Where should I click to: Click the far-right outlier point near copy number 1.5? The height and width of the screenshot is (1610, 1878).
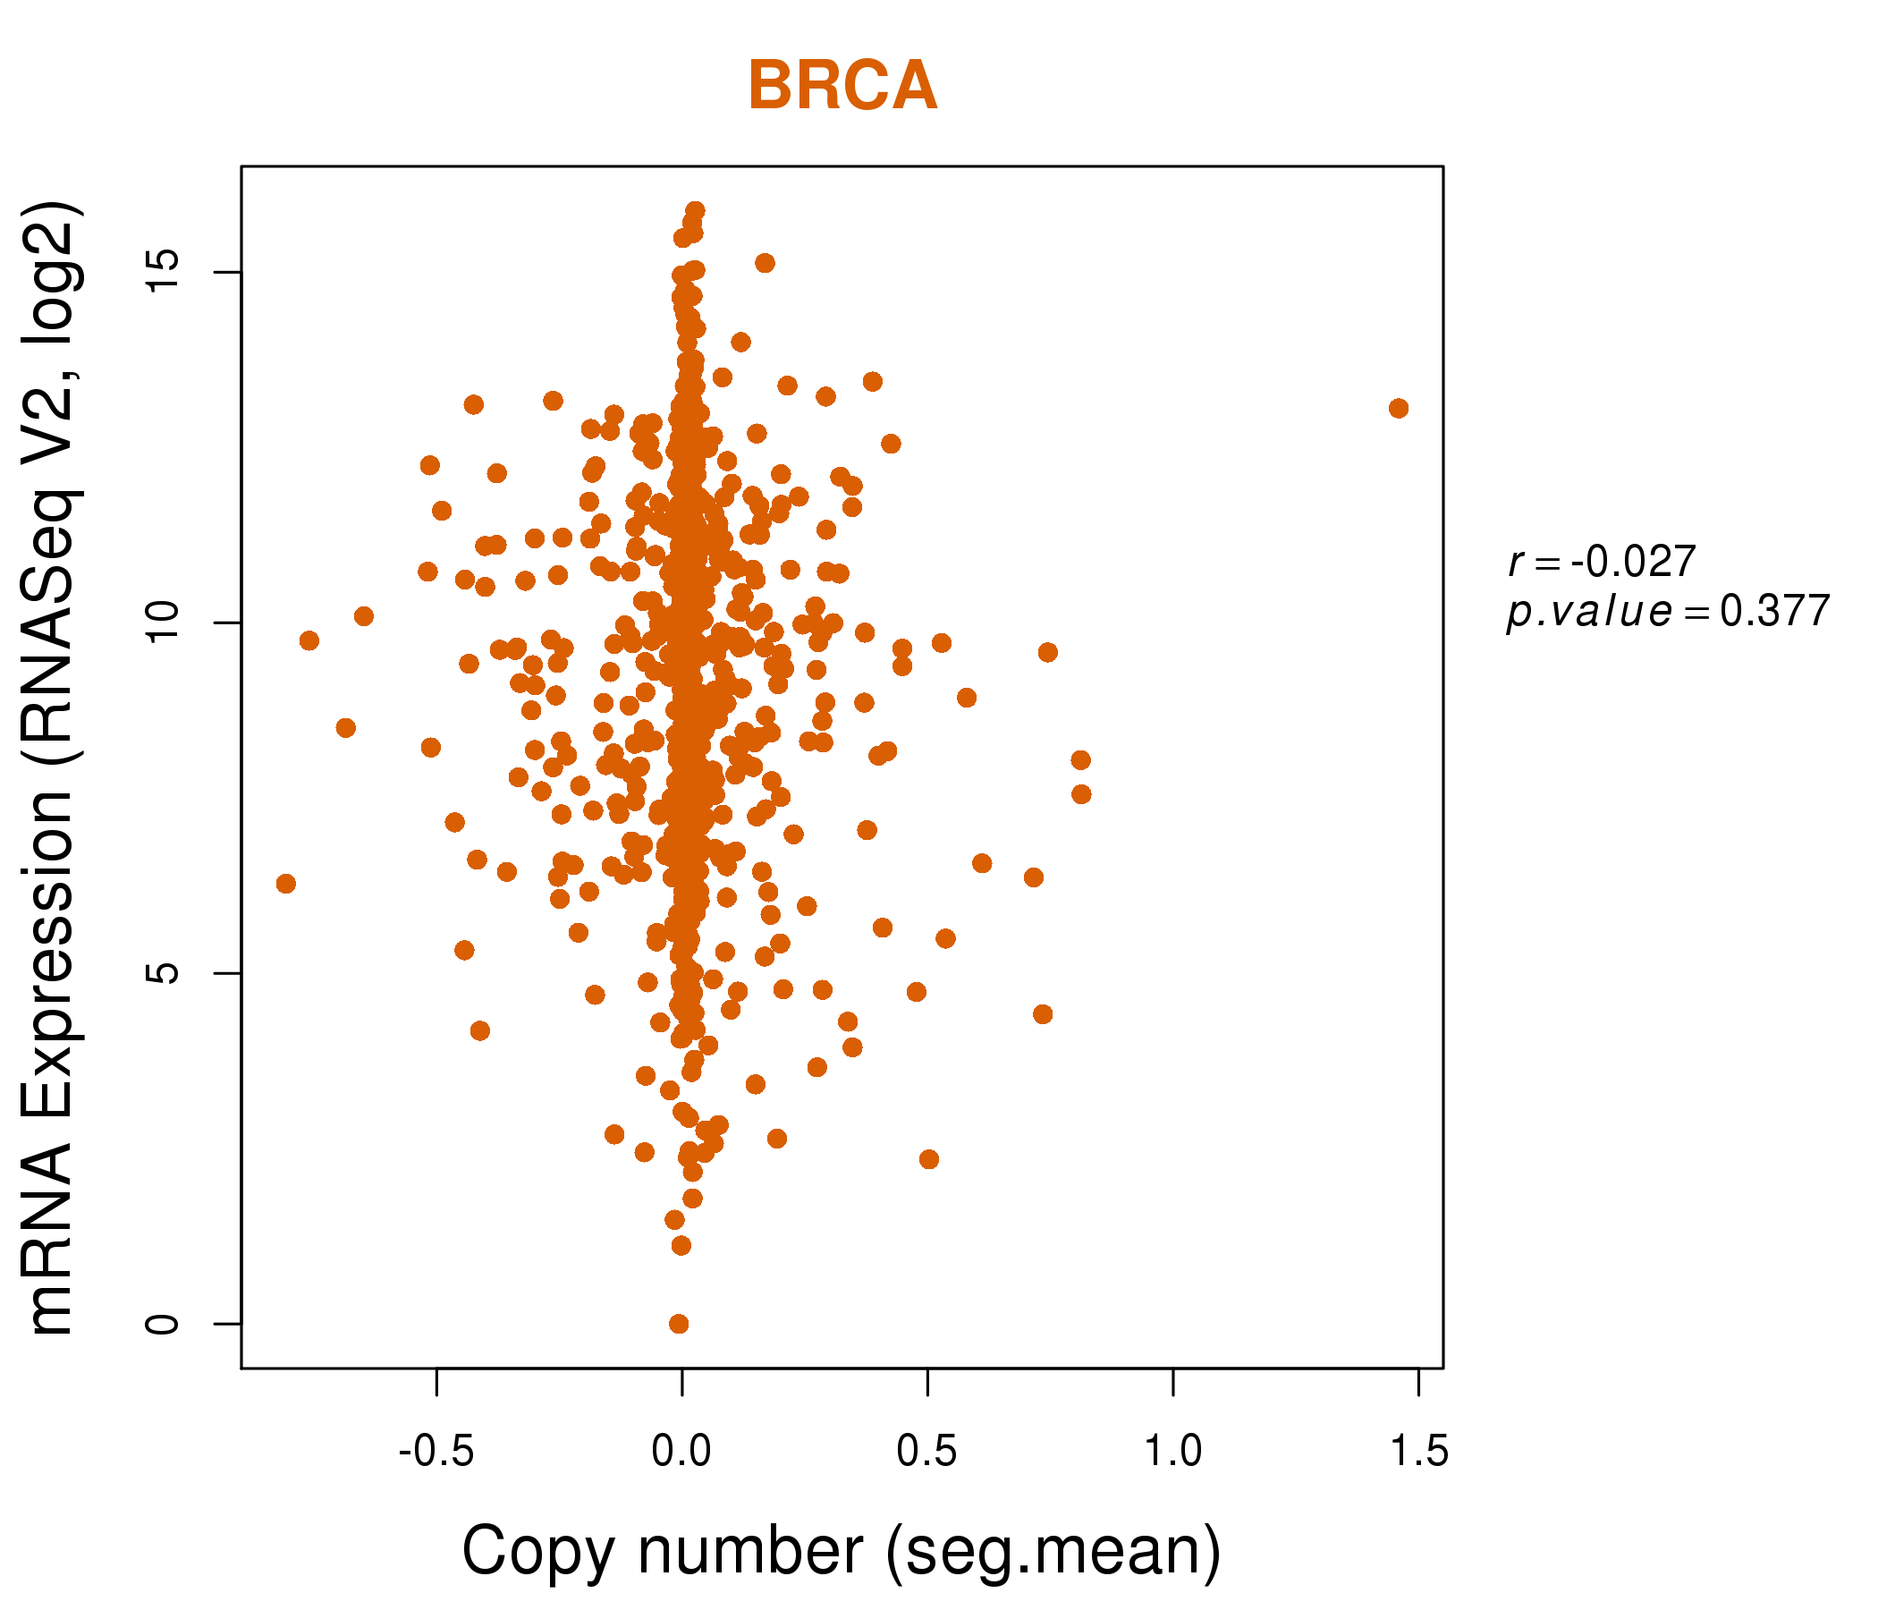(x=1399, y=408)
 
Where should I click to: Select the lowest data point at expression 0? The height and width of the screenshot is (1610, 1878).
(x=679, y=1324)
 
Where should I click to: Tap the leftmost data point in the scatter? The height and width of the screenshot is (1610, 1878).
(x=286, y=883)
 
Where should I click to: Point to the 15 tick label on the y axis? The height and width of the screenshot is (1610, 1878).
(x=163, y=271)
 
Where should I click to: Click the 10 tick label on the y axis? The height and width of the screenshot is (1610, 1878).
(x=163, y=622)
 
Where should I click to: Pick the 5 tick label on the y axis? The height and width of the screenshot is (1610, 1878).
(x=163, y=973)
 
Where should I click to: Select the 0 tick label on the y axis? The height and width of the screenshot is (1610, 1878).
(x=163, y=1324)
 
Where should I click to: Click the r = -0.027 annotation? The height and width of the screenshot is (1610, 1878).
(x=1602, y=562)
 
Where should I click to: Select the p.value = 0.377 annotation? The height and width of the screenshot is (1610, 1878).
(x=1668, y=612)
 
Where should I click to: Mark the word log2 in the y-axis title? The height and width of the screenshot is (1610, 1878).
(x=50, y=263)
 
